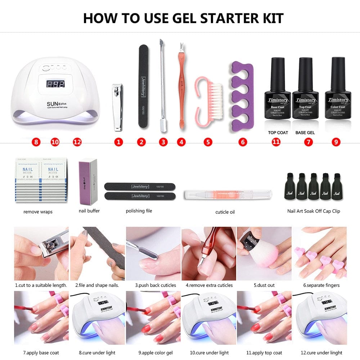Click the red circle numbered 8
pos(36,142)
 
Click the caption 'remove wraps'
pos(38,212)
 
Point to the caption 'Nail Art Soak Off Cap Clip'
pos(314,211)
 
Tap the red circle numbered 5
pos(208,142)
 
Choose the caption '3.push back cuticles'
pos(156,285)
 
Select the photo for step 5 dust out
pos(264,253)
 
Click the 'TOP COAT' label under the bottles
pos(278,132)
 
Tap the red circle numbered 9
pos(336,142)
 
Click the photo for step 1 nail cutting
pos(41,253)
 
